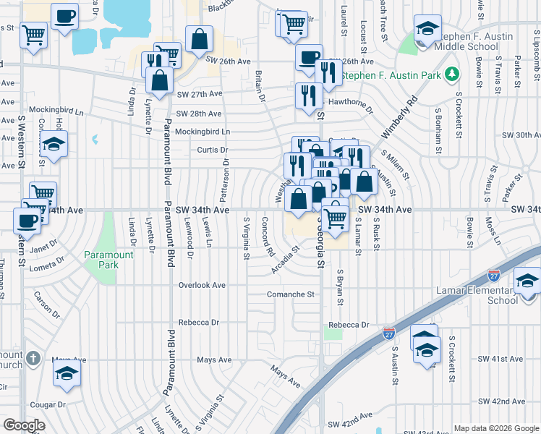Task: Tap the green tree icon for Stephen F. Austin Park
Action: pyautogui.click(x=452, y=74)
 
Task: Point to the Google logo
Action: pyautogui.click(x=24, y=425)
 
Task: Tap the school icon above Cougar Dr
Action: pyautogui.click(x=67, y=373)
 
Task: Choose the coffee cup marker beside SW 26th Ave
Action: pyautogui.click(x=309, y=56)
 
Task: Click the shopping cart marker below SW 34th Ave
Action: pyautogui.click(x=335, y=216)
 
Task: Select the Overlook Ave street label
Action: pyautogui.click(x=202, y=285)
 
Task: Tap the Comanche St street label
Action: pyautogui.click(x=291, y=294)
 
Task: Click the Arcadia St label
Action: pyautogui.click(x=285, y=260)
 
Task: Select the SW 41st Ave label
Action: pyautogui.click(x=500, y=359)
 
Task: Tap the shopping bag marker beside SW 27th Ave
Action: pyautogui.click(x=160, y=80)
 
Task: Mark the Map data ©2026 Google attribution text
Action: pyautogui.click(x=495, y=427)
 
